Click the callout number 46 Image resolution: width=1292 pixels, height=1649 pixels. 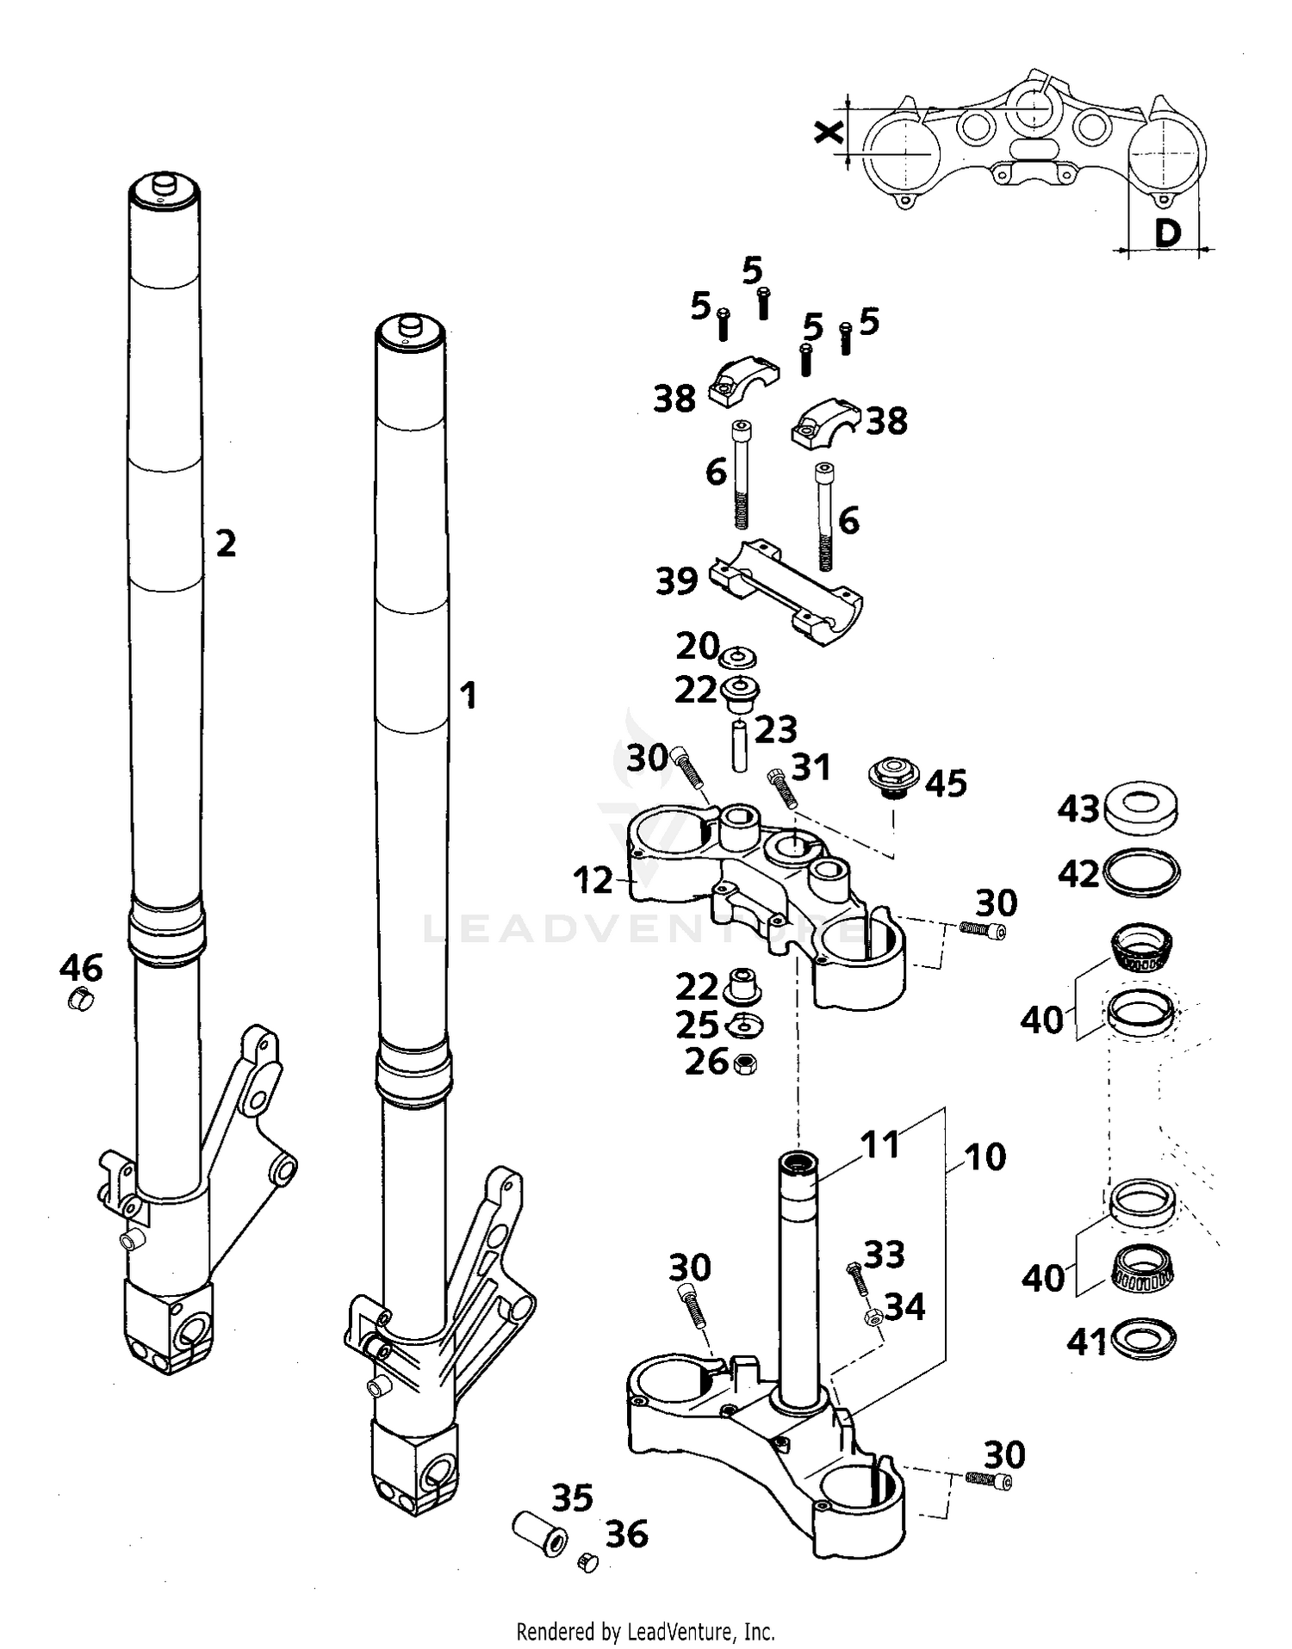[81, 968]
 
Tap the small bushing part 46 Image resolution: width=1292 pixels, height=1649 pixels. [79, 1001]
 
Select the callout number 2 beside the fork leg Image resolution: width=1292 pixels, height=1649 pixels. [226, 543]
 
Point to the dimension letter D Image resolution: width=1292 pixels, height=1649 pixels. [1166, 232]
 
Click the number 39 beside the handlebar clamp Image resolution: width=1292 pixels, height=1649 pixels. [677, 581]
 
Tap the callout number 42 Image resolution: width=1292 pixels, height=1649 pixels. [1078, 875]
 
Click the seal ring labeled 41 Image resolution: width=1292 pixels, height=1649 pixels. [1144, 1338]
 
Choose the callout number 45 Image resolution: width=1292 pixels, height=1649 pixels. [946, 784]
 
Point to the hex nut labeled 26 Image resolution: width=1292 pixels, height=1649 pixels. [745, 1064]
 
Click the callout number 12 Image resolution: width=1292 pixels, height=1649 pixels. [593, 880]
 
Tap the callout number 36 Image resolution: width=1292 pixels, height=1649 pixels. [626, 1534]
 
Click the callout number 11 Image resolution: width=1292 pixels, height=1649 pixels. [880, 1144]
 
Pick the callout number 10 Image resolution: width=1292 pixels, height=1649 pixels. [985, 1157]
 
